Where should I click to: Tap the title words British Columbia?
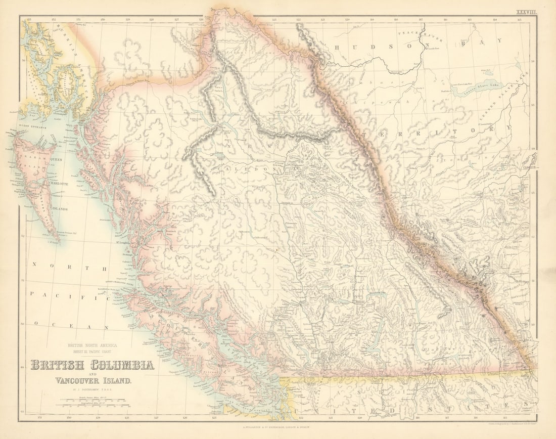[x=92, y=364]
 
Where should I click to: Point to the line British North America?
[x=93, y=345]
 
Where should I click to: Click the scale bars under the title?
[x=93, y=403]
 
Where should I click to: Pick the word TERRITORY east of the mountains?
[x=435, y=133]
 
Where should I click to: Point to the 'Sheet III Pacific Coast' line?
[x=93, y=351]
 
